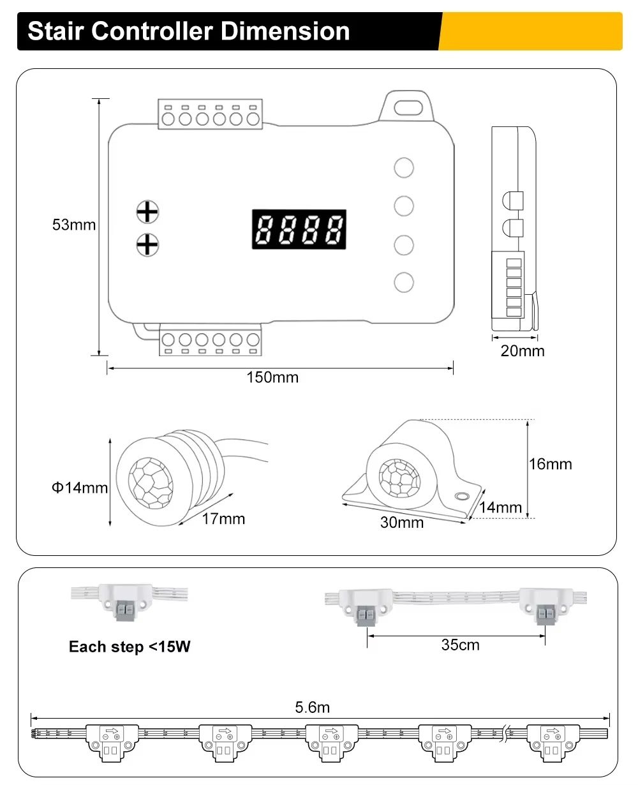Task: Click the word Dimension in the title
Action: pos(285,31)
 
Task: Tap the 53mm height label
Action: pos(73,225)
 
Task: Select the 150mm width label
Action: pos(272,377)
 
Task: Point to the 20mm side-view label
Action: pos(523,350)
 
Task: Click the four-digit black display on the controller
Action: pos(299,229)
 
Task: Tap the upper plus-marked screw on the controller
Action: pos(147,211)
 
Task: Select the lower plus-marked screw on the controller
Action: pos(147,244)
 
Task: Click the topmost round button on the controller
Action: pos(404,168)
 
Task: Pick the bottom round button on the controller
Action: pos(404,282)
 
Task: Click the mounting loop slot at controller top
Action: pos(408,107)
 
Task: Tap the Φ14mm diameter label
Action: pos(80,488)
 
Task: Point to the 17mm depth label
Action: pos(223,518)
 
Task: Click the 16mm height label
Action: pos(551,464)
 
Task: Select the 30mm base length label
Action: pos(401,522)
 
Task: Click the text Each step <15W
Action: pos(130,647)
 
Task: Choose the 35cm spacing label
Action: pos(460,645)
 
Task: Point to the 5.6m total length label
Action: pos(312,707)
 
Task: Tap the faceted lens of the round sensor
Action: pos(151,482)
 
